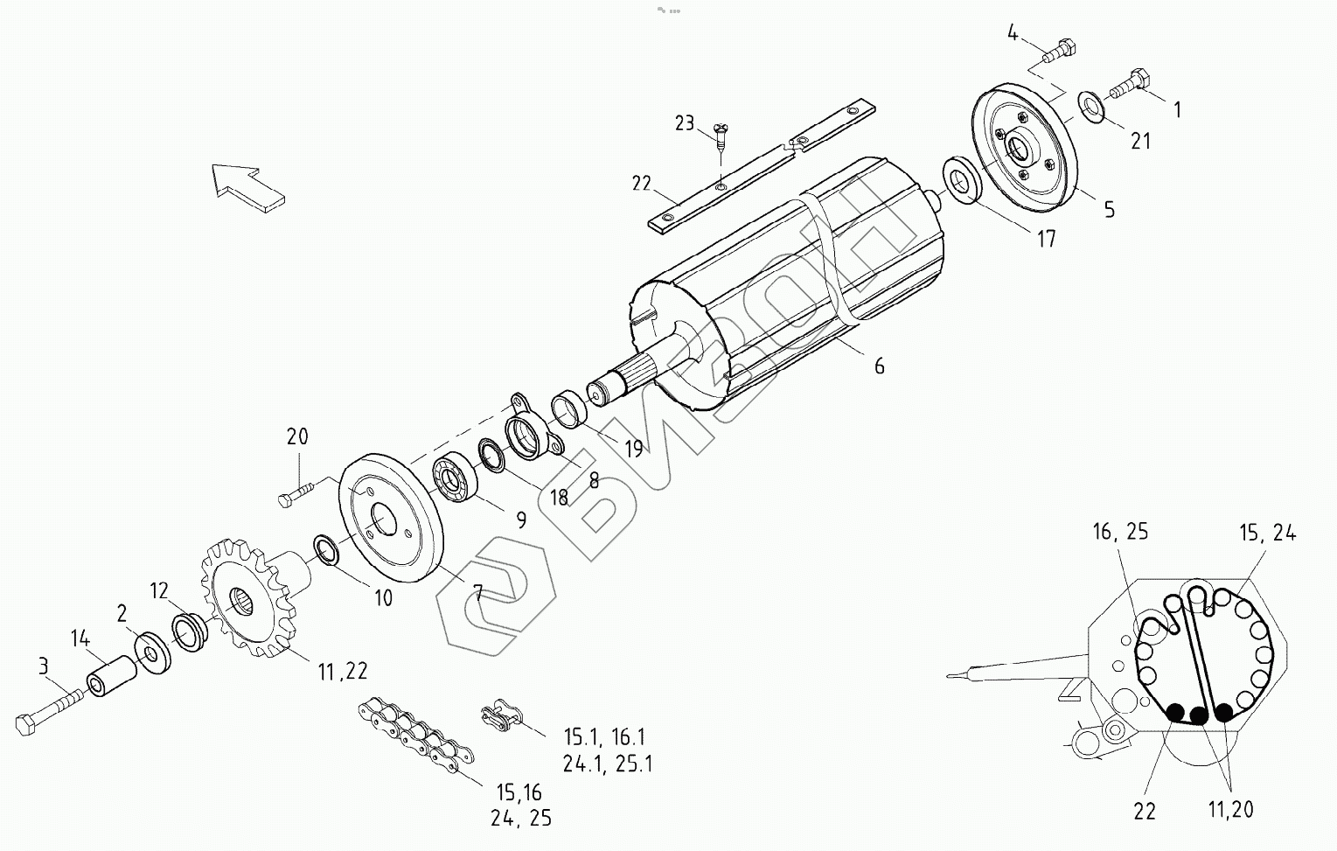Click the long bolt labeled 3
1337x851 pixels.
click(x=48, y=711)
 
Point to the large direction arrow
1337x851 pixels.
click(x=247, y=185)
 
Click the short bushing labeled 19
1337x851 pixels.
click(x=568, y=410)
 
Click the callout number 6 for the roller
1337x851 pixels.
click(x=879, y=366)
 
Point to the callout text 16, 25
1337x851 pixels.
click(x=1119, y=532)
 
